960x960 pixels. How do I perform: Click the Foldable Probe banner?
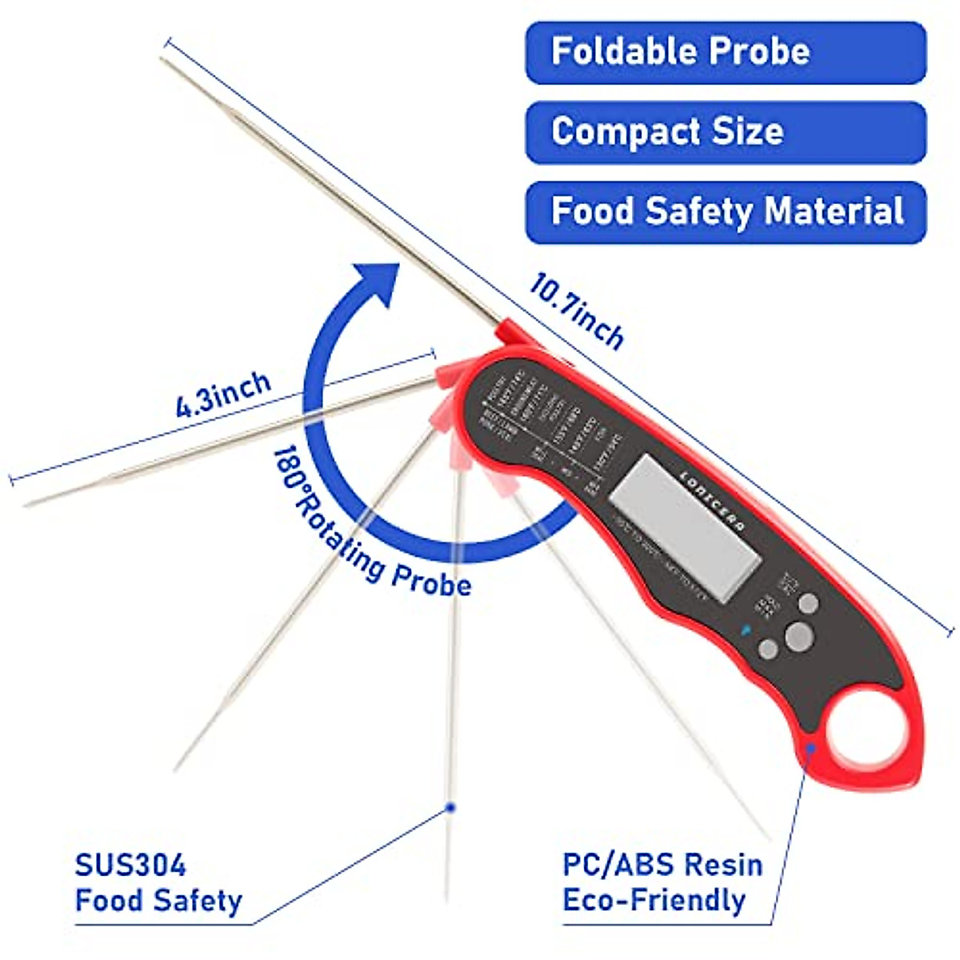coord(725,52)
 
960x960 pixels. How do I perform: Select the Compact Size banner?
coord(725,132)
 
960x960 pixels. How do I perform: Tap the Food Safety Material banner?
coord(725,212)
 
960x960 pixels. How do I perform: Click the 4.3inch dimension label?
coord(223,394)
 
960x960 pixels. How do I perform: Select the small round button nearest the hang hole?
coord(768,649)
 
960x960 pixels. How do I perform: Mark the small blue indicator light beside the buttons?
coord(746,629)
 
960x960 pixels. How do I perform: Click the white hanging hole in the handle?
coord(865,741)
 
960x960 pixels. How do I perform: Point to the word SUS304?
coord(130,866)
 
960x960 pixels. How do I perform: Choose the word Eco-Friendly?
coord(654,900)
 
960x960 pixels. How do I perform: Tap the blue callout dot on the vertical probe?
coord(450,808)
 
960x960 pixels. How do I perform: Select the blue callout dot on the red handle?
coord(811,747)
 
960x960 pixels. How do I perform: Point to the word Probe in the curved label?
coord(432,578)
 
